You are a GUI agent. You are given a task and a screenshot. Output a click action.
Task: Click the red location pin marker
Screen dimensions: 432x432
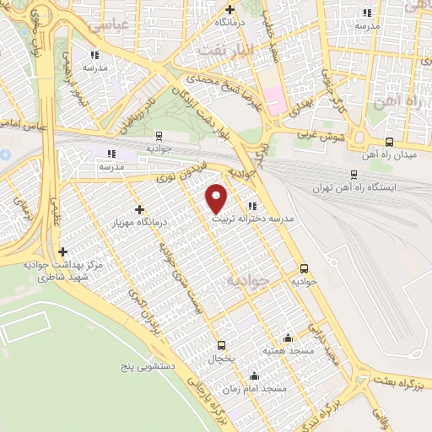click(217, 197)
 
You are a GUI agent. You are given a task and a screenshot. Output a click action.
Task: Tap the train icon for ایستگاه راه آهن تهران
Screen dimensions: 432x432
click(352, 176)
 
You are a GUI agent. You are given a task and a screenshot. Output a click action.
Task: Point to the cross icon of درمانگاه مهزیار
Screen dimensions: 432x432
click(139, 209)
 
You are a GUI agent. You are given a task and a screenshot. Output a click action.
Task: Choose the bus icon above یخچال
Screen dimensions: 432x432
click(221, 344)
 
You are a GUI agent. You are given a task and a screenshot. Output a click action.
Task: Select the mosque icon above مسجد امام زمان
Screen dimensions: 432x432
click(254, 376)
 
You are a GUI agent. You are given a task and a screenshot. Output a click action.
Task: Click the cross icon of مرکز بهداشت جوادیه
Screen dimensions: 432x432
click(63, 251)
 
